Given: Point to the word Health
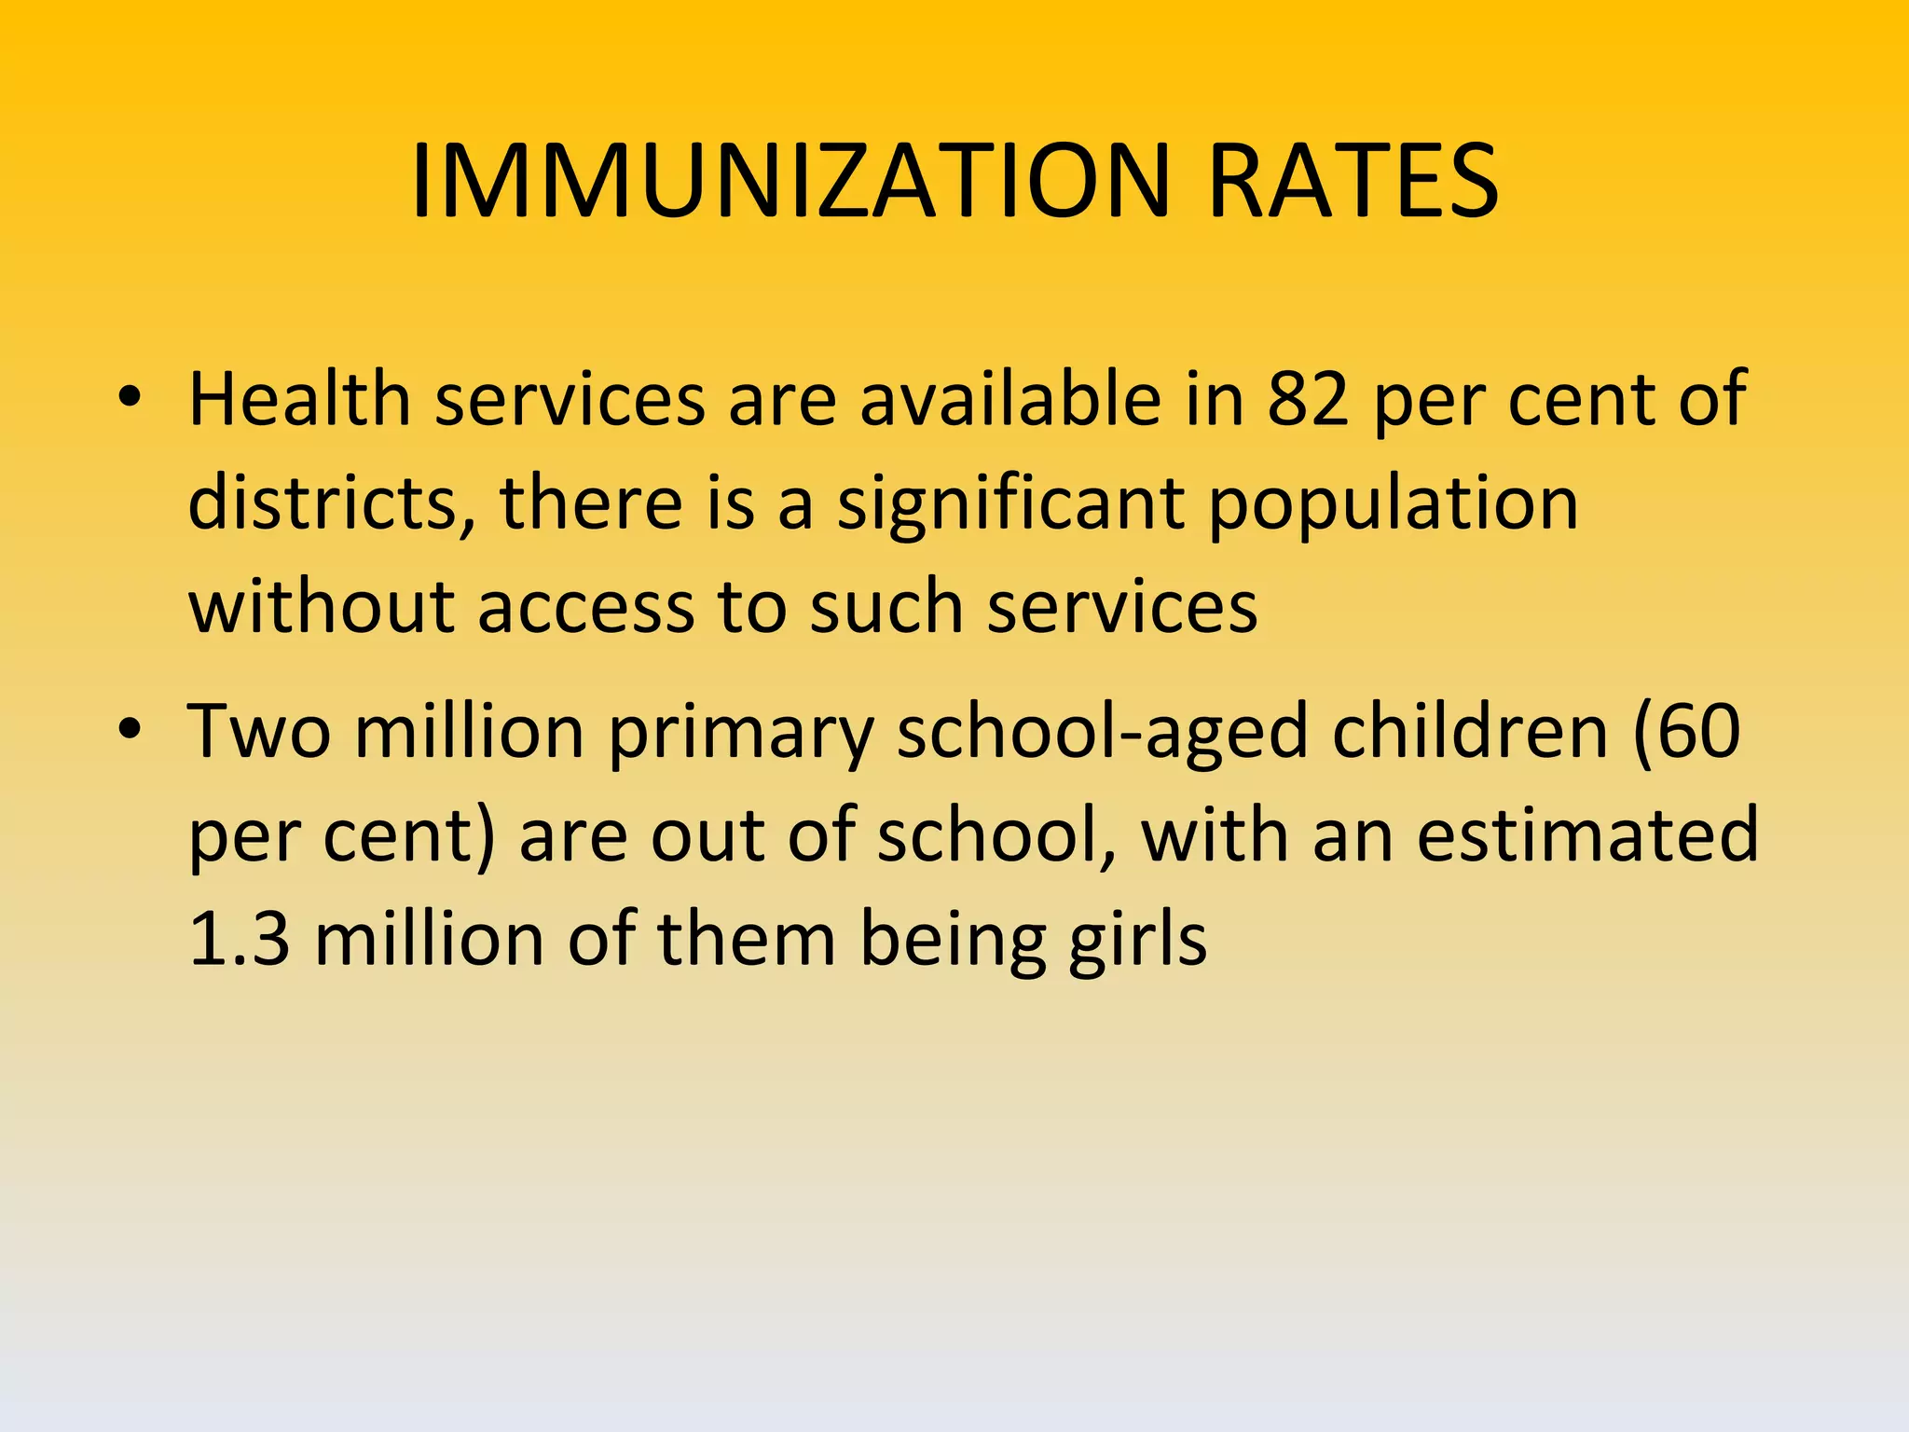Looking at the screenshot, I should (299, 399).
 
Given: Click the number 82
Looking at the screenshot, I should (1308, 399).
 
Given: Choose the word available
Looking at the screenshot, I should (1009, 399).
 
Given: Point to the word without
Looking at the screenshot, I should (321, 606).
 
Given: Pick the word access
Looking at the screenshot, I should (585, 608).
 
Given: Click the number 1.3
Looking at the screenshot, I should (240, 938).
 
